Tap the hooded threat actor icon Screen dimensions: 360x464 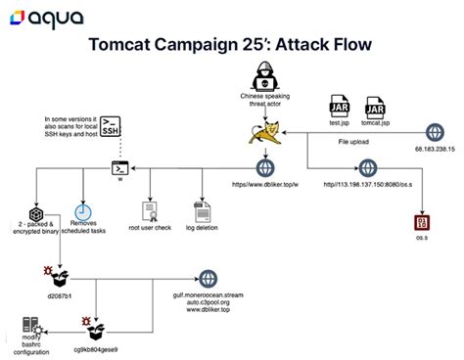click(x=261, y=75)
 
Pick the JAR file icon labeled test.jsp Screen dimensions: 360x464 click(x=339, y=107)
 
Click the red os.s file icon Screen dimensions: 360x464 click(x=423, y=224)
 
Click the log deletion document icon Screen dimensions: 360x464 click(x=203, y=211)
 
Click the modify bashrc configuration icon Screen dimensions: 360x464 click(x=29, y=328)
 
